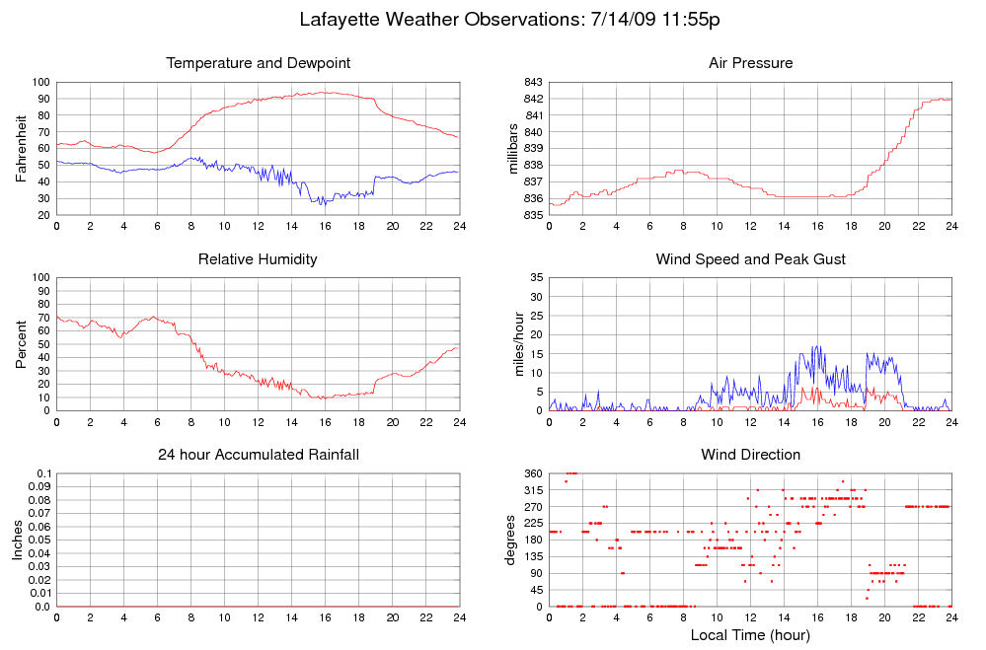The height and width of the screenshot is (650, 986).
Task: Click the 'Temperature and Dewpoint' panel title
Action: point(259,63)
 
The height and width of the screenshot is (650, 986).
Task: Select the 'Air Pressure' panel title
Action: point(750,63)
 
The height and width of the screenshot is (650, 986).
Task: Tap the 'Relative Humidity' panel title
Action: point(259,259)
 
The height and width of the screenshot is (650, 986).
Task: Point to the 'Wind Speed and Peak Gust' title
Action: point(750,259)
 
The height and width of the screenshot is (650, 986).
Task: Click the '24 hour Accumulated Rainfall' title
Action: point(259,455)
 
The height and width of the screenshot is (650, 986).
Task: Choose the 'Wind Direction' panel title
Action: point(750,455)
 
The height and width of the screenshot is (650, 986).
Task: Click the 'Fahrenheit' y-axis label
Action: point(21,148)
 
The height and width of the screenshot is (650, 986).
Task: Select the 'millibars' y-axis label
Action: point(513,148)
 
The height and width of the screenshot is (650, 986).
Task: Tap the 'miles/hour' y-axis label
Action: point(513,343)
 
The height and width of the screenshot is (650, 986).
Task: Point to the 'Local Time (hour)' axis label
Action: point(750,634)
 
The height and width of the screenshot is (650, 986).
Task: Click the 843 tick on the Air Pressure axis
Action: point(532,82)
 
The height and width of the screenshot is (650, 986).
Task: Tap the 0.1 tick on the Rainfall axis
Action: point(42,474)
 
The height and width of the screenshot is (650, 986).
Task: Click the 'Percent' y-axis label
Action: point(21,343)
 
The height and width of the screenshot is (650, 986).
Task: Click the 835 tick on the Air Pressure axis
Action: point(532,215)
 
